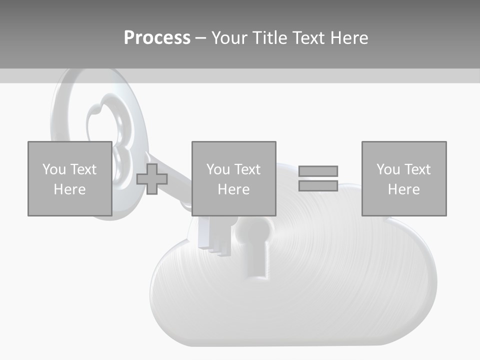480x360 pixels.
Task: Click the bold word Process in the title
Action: click(157, 38)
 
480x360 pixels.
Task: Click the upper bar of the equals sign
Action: click(318, 171)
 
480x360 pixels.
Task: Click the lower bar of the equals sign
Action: click(318, 185)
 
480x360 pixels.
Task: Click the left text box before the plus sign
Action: click(69, 178)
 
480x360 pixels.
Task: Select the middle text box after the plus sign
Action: click(233, 178)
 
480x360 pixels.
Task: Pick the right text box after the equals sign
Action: click(403, 178)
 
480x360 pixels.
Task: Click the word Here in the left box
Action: click(69, 189)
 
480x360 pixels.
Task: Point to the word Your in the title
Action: click(230, 38)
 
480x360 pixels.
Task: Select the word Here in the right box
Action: click(403, 189)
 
